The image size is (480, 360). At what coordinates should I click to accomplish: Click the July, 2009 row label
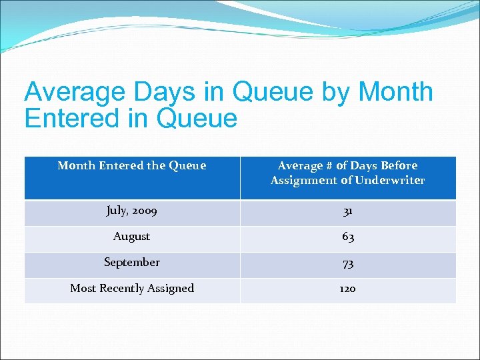(132, 211)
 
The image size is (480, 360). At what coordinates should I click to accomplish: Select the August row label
(132, 237)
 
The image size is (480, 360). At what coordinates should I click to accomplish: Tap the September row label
(132, 263)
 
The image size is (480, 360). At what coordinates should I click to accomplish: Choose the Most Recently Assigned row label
(132, 289)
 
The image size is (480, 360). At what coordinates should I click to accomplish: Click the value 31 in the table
(347, 212)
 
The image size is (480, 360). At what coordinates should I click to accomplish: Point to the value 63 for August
(347, 237)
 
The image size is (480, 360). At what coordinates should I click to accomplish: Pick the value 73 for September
(347, 263)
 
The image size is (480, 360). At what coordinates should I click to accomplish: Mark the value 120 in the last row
(347, 289)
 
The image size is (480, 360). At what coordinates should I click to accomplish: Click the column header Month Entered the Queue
(132, 166)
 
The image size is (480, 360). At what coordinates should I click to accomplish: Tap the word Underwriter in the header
(390, 181)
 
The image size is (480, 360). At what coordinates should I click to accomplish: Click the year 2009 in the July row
(145, 211)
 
